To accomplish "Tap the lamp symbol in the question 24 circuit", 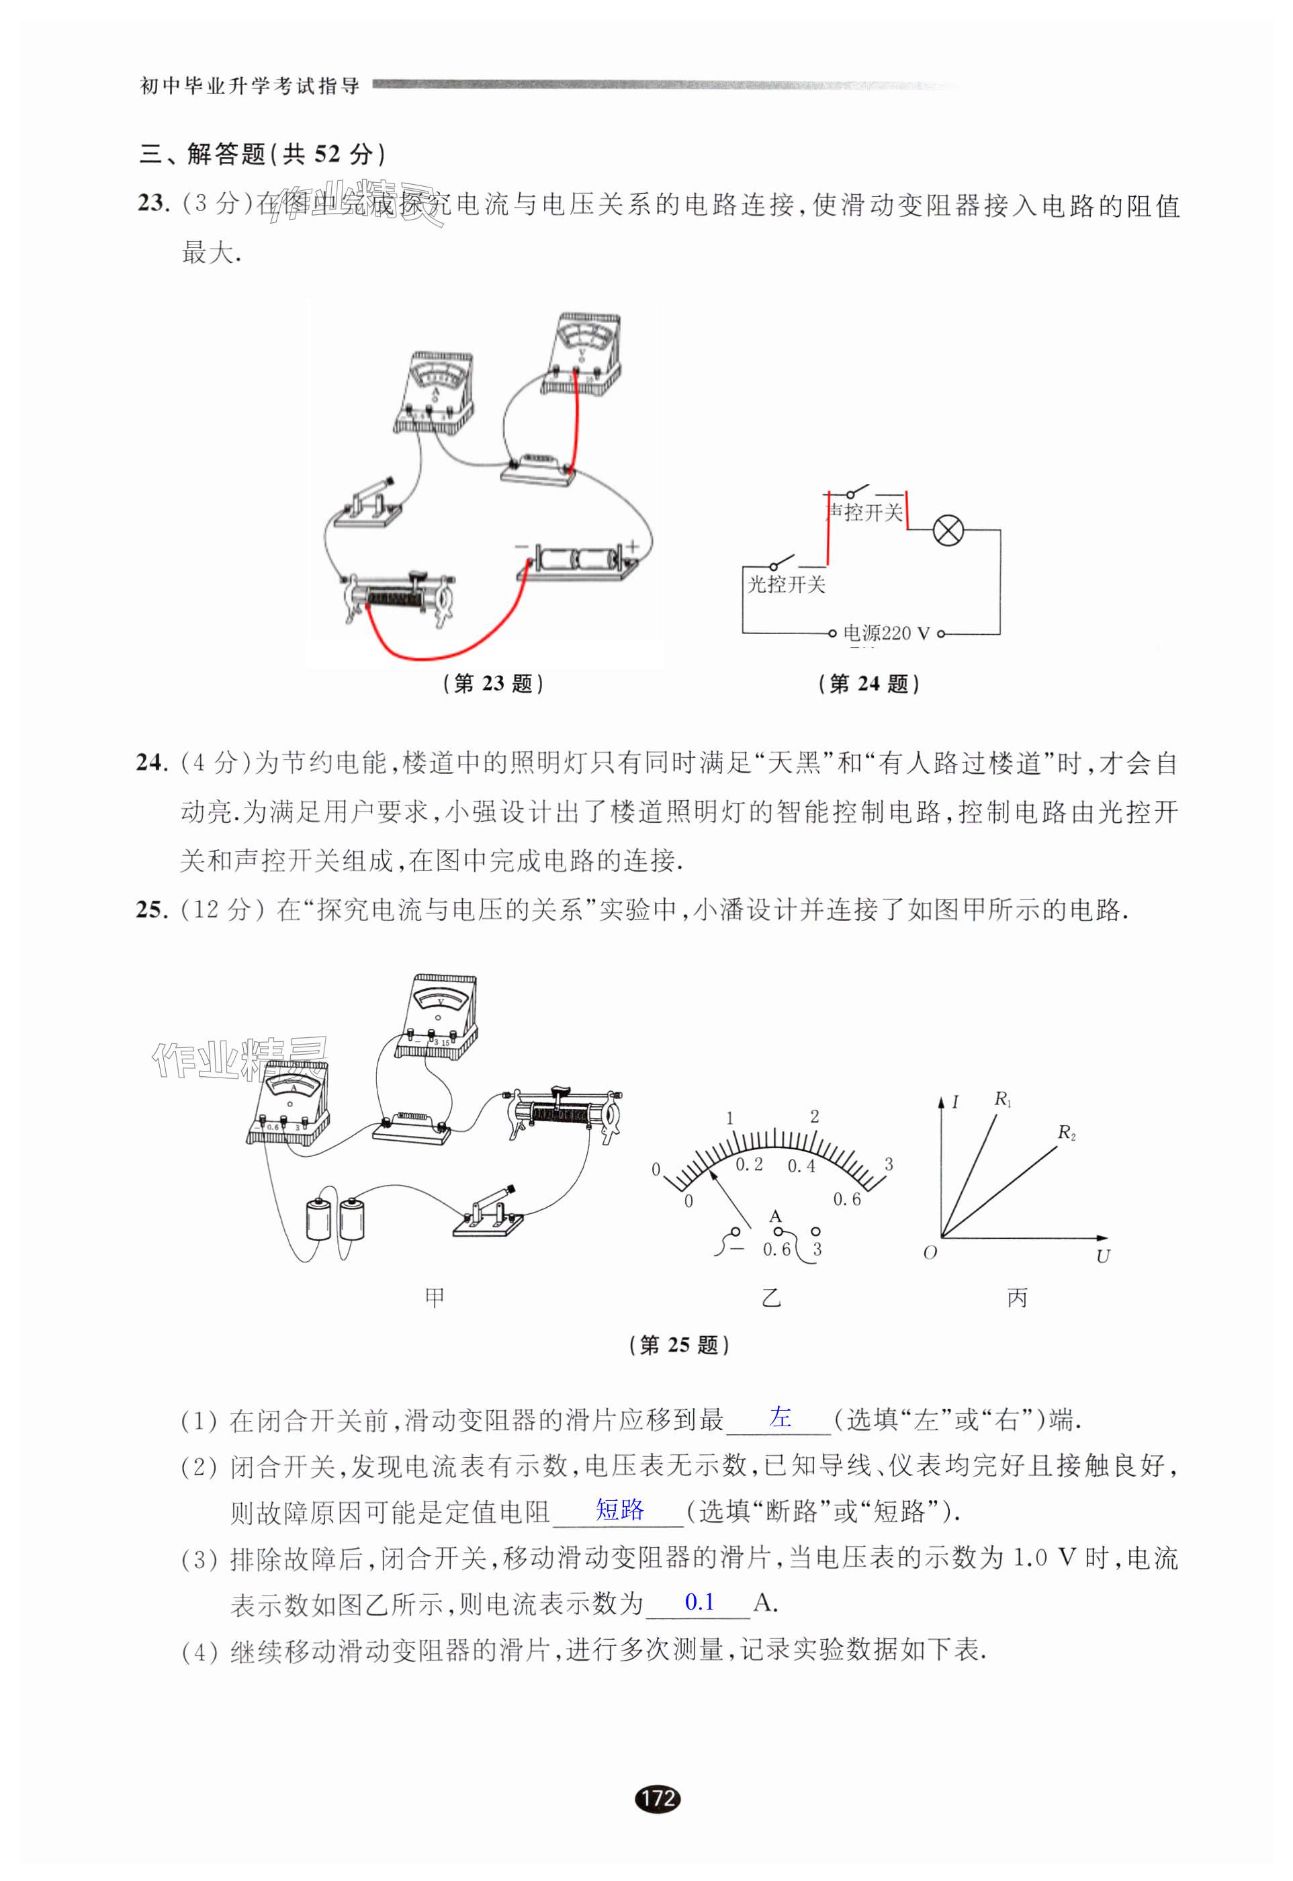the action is pyautogui.click(x=948, y=531).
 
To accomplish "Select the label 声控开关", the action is pyautogui.click(x=864, y=513).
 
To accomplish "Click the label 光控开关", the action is pyautogui.click(x=786, y=584).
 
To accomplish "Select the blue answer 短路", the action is pyautogui.click(x=620, y=1510).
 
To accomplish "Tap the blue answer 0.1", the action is pyautogui.click(x=699, y=1602).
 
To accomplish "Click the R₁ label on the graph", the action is pyautogui.click(x=1003, y=1099).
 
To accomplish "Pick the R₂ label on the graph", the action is pyautogui.click(x=1066, y=1133).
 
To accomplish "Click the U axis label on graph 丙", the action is pyautogui.click(x=1103, y=1256).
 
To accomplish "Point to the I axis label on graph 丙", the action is pyautogui.click(x=955, y=1102).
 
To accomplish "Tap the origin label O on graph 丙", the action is pyautogui.click(x=930, y=1252).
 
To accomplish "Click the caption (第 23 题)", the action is pyautogui.click(x=494, y=684).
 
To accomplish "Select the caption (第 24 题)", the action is pyautogui.click(x=869, y=684).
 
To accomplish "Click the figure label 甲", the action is pyautogui.click(x=435, y=1298).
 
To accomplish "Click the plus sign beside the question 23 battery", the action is pyautogui.click(x=632, y=547).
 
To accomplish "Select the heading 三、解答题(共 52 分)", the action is pyautogui.click(x=263, y=154).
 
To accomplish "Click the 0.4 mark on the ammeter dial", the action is pyautogui.click(x=801, y=1166).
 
